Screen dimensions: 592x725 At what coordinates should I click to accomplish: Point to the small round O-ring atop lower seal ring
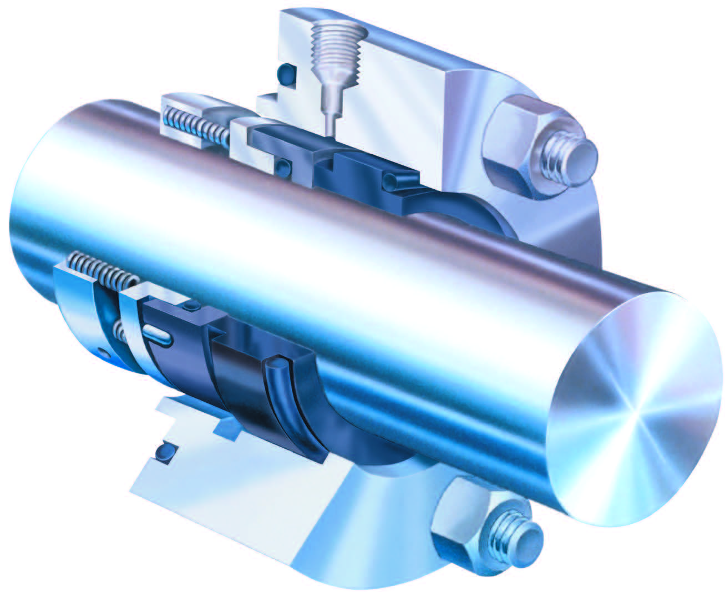pos(192,306)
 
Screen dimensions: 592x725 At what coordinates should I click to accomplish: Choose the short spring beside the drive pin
pos(119,332)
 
